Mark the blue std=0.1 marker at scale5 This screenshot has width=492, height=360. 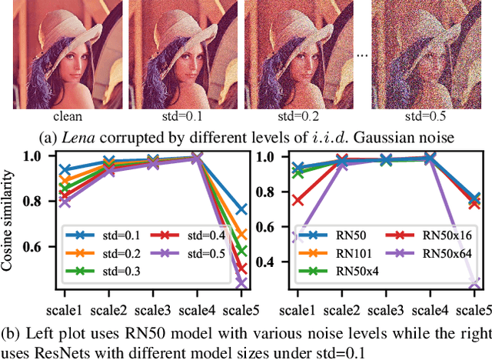[x=241, y=209]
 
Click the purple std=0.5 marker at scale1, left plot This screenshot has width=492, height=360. [x=65, y=202]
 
